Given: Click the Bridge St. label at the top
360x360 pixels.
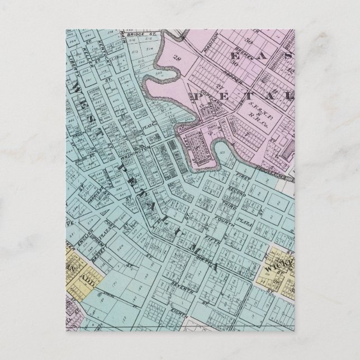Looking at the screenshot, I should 135,35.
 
